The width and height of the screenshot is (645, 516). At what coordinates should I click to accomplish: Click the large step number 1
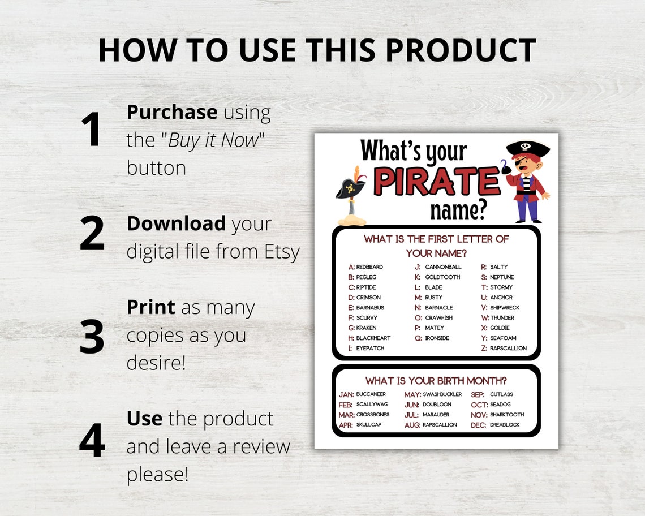[x=91, y=130]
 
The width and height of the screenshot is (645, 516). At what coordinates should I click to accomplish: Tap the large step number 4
[x=92, y=440]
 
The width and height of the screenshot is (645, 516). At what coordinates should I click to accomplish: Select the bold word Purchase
[x=171, y=112]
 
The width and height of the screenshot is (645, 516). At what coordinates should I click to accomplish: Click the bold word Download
[x=176, y=223]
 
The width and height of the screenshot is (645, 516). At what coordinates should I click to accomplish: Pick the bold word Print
[x=150, y=307]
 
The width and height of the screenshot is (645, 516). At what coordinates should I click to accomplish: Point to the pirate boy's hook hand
[x=505, y=168]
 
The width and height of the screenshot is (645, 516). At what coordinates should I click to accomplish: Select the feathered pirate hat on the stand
[x=351, y=187]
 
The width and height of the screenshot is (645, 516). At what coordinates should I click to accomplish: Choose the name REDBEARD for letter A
[x=369, y=267]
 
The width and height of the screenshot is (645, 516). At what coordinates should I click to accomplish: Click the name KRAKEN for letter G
[x=366, y=328]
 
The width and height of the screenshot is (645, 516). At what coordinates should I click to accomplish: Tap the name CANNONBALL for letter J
[x=443, y=267]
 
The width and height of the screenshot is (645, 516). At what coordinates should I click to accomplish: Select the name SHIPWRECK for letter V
[x=504, y=308]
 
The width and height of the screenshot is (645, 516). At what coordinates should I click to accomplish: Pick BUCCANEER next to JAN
[x=371, y=394]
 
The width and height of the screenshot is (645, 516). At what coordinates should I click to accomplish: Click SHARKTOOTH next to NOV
[x=507, y=415]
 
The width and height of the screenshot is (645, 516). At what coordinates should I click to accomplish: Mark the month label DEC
[x=479, y=425]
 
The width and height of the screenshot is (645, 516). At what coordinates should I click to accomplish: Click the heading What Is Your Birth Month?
[x=436, y=381]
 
